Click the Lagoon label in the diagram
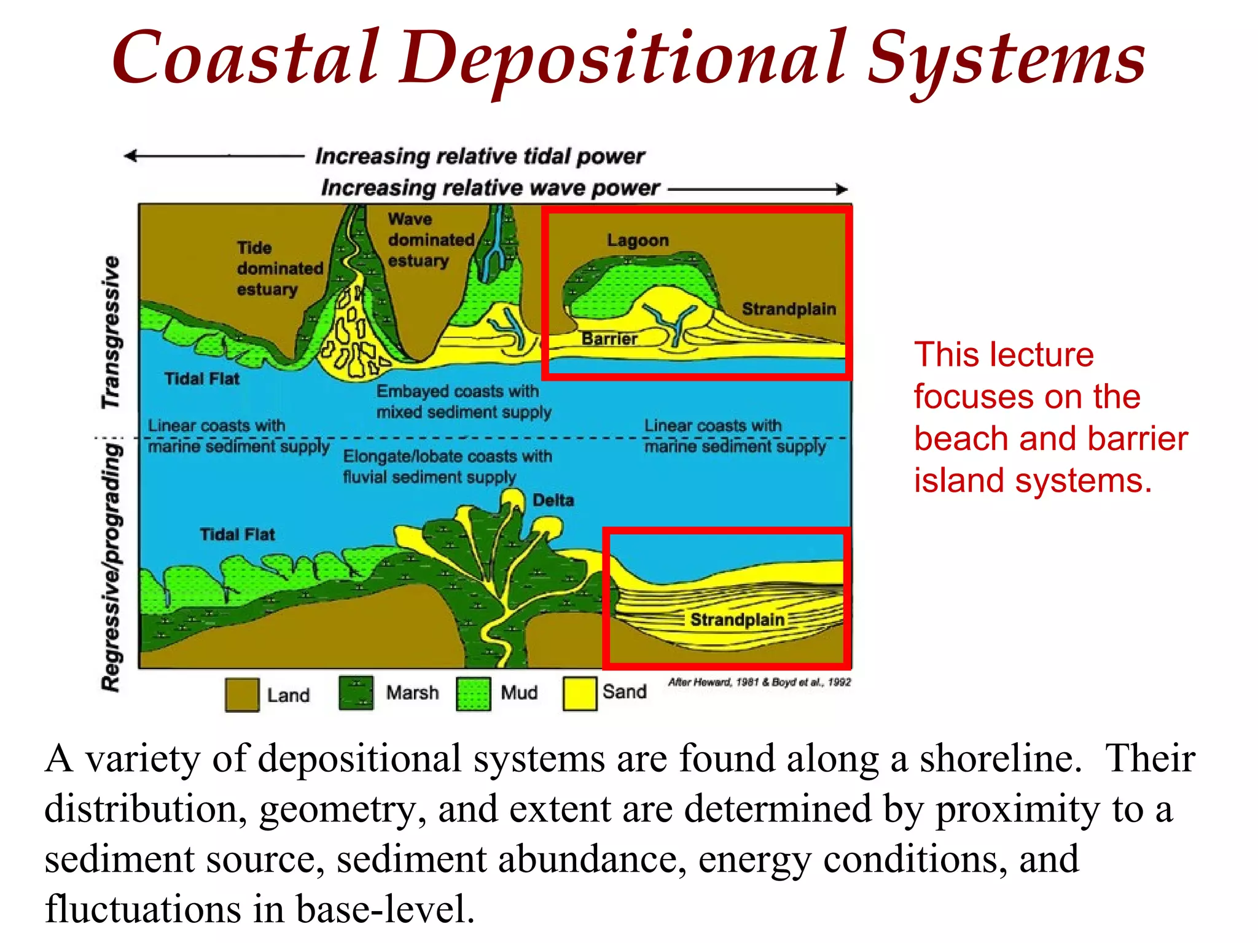point(638,240)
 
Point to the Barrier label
point(609,338)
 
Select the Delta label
point(553,500)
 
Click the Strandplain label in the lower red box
point(737,619)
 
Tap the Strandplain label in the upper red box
point(789,309)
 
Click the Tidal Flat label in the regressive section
point(237,534)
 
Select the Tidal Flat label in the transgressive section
point(201,378)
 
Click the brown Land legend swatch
point(241,694)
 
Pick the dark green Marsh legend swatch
point(356,693)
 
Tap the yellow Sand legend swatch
point(579,693)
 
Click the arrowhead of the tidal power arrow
point(130,156)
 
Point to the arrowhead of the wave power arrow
point(843,190)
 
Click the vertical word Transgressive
point(111,332)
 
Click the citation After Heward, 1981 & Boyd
point(759,682)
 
